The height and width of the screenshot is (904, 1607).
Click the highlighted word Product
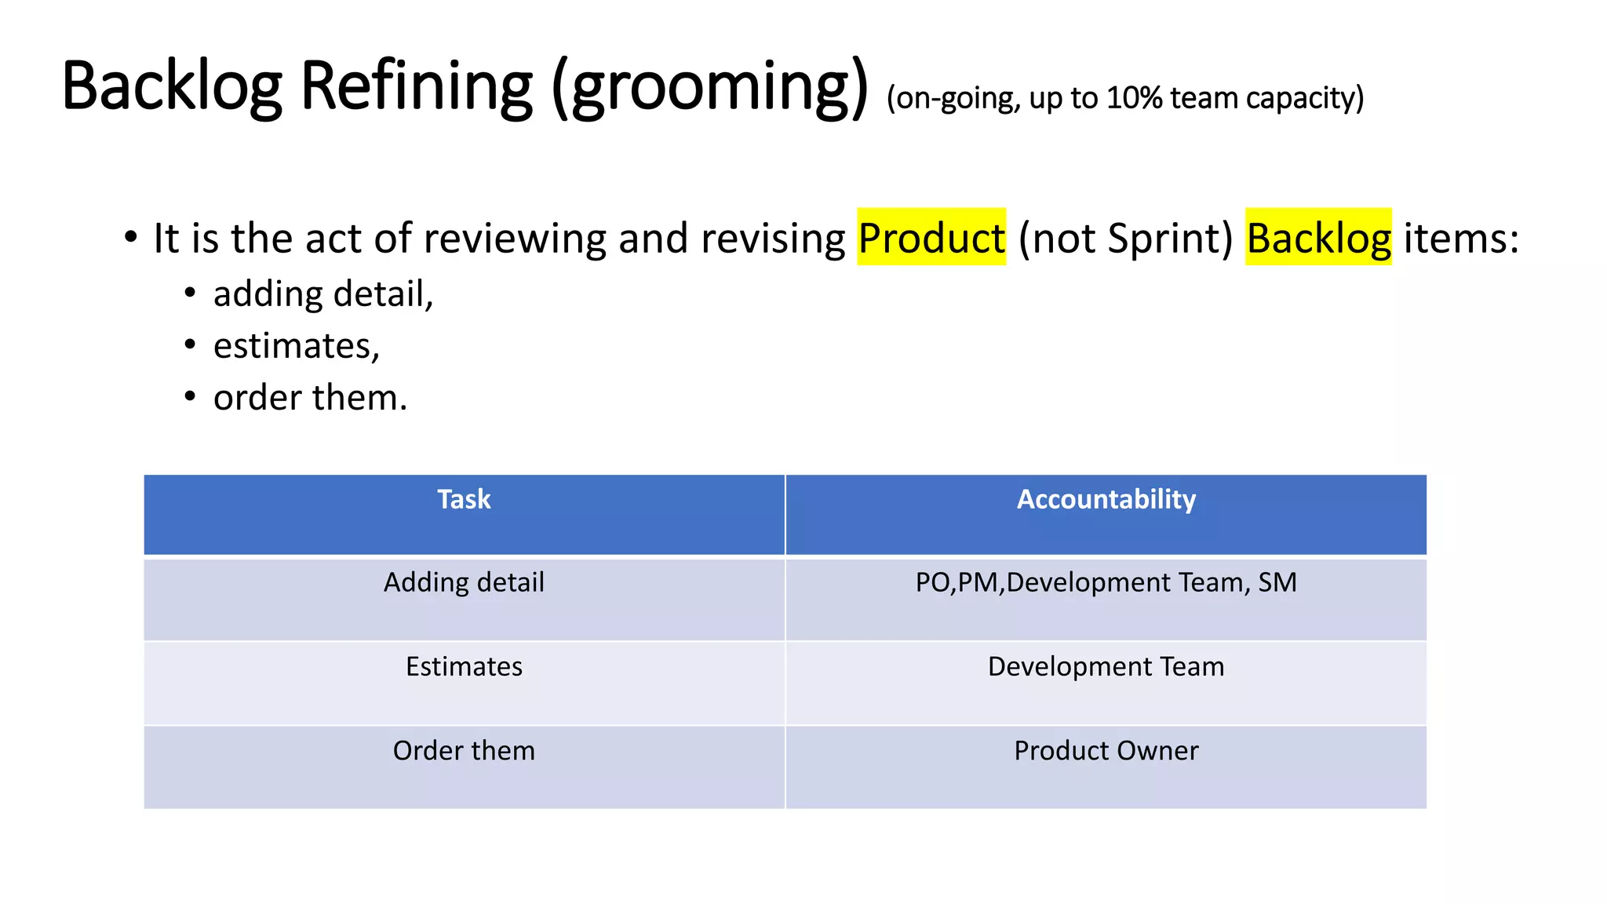coord(931,239)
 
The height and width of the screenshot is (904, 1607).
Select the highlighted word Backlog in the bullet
coord(1318,239)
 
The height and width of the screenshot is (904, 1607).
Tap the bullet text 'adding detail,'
coord(323,294)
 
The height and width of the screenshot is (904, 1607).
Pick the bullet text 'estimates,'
coord(297,346)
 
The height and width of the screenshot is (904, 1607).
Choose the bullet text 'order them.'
coord(310,398)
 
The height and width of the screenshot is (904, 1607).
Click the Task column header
coord(464,500)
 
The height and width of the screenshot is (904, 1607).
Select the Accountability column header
coord(1106,500)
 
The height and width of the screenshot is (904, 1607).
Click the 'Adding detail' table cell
coord(464,583)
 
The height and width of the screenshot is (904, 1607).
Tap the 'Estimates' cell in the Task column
coord(464,667)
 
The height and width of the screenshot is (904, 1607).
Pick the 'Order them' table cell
coord(464,751)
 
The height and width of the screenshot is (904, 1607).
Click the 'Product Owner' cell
coord(1106,751)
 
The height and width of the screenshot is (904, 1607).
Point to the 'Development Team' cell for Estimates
coord(1106,667)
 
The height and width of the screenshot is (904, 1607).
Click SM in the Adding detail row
coord(1277,583)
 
